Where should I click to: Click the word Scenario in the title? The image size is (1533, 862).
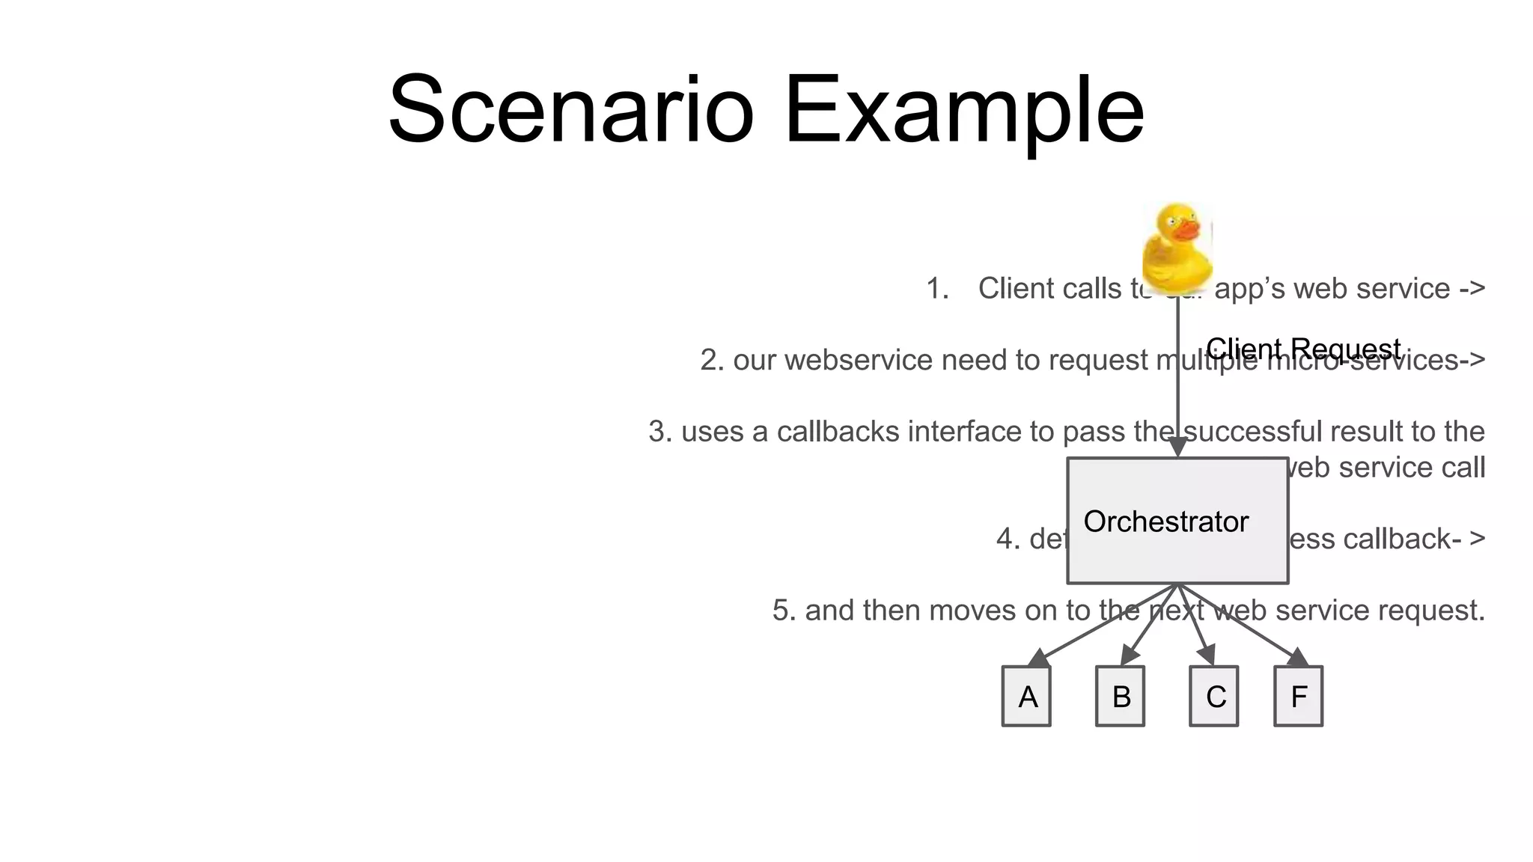(570, 110)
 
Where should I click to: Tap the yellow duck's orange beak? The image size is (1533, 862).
(1185, 229)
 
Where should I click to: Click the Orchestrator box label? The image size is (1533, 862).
(1165, 522)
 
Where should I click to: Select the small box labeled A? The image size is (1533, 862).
(1026, 697)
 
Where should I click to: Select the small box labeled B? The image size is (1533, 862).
(1120, 697)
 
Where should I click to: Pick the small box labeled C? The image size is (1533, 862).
(1213, 697)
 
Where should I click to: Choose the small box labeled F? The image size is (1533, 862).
(1298, 697)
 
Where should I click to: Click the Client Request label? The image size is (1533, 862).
(1302, 349)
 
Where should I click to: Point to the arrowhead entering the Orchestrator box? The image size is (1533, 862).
(1177, 447)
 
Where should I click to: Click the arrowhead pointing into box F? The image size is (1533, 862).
(1297, 658)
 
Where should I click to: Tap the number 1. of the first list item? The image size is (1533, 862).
(937, 289)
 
